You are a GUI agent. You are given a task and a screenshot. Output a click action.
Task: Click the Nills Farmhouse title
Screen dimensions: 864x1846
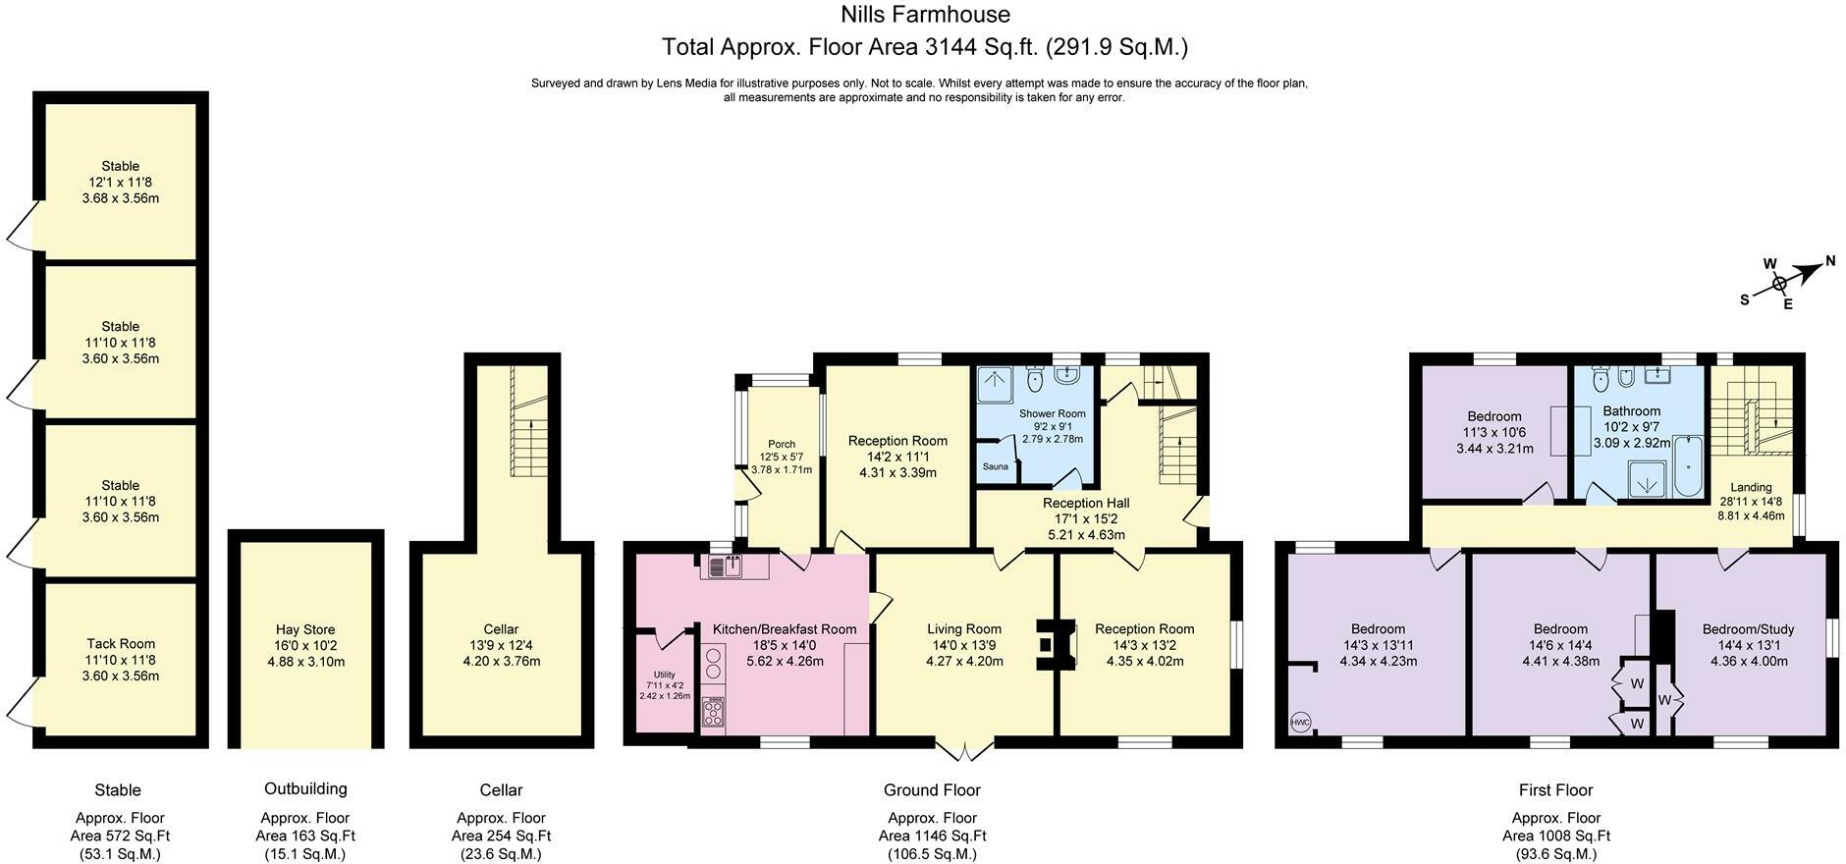[x=925, y=15]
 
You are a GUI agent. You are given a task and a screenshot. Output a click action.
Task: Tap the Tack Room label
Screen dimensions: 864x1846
[x=120, y=644]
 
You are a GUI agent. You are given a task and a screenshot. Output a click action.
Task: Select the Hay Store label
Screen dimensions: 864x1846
[x=305, y=629]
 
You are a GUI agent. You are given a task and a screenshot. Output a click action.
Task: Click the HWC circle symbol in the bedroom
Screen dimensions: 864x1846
[x=1300, y=723]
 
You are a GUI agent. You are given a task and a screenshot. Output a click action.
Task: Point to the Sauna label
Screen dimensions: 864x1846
[x=995, y=466]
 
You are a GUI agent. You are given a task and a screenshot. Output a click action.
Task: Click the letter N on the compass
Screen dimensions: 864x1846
[x=1830, y=261]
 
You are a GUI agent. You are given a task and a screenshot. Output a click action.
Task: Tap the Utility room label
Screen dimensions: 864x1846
[x=665, y=675]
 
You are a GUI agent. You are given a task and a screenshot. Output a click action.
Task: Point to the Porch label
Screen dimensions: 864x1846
[x=782, y=444]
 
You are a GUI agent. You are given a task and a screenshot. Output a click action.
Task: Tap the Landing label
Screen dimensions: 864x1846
[x=1751, y=487]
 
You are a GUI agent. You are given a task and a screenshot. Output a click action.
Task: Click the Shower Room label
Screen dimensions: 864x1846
[x=1052, y=413]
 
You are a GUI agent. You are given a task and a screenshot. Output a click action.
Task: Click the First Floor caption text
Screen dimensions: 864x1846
[x=1555, y=790]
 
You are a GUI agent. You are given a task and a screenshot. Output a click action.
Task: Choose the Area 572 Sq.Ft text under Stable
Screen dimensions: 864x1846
[x=120, y=836]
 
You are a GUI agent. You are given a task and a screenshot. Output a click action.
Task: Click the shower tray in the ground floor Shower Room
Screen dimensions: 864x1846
[x=996, y=384]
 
